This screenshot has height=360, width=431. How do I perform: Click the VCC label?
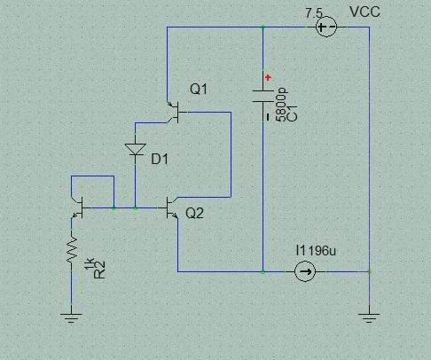coord(364,12)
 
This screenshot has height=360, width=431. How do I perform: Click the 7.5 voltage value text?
coord(314,13)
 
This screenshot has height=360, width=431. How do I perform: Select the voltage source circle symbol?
coord(326,27)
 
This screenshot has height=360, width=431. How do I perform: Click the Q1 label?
coord(199,89)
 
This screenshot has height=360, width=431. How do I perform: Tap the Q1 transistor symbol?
coord(176,113)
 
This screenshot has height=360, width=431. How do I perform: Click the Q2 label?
coord(194,213)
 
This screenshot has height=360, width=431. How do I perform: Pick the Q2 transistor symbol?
coord(170,207)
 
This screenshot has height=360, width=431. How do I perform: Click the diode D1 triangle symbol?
coord(136,149)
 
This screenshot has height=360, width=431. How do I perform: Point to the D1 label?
coord(160,160)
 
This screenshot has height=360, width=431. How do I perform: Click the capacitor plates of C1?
coord(263,97)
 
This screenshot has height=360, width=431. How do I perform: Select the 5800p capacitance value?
coord(281,105)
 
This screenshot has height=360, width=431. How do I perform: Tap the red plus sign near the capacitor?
coord(268,78)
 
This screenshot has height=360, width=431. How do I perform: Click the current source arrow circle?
coord(305,271)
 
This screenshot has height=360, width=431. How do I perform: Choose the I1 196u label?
coord(316,251)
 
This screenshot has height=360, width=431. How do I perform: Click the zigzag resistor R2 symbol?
coord(72,249)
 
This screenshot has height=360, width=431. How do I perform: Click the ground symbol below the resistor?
coord(71,318)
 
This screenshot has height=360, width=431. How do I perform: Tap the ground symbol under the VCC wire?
coord(369,318)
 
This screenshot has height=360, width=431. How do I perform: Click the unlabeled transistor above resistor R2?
coord(77,207)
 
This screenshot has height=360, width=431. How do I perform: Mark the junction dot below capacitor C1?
coord(263,271)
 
